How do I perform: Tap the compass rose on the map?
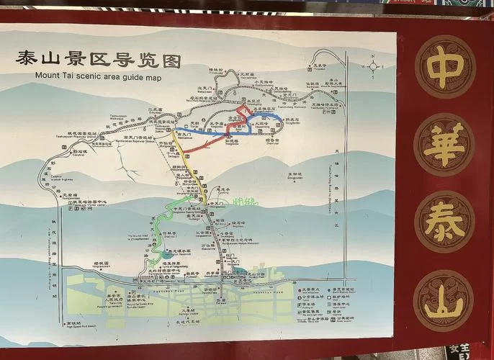tap(373, 67)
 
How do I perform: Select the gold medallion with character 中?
tap(444, 68)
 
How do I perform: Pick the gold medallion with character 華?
tap(444, 145)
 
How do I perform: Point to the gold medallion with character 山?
tap(444, 300)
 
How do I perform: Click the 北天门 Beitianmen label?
tap(206, 89)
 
